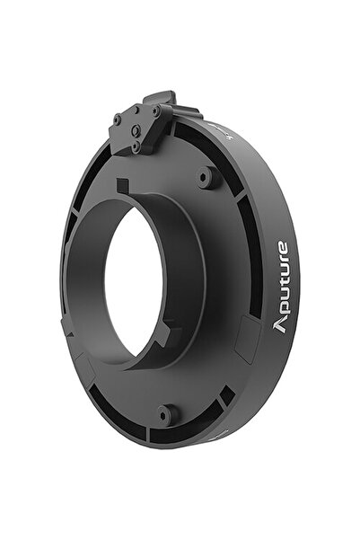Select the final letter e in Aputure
281,248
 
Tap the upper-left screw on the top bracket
118,119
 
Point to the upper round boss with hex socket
207,177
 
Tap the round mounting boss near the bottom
164,414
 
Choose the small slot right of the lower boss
225,395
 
